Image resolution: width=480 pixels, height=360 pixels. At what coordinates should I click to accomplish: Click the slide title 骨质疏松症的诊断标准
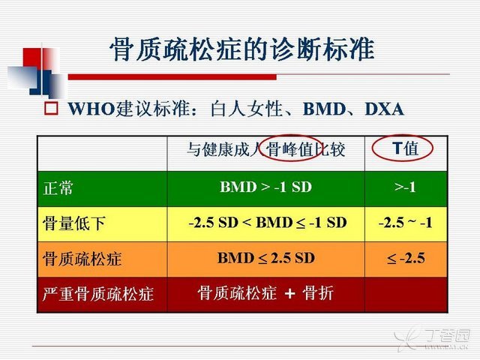pyautogui.click(x=241, y=49)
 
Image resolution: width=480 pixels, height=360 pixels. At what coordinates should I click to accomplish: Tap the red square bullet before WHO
pyautogui.click(x=51, y=109)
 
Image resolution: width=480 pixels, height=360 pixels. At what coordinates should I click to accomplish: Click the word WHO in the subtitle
pyautogui.click(x=91, y=109)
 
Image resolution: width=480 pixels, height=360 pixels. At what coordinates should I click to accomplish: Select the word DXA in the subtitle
pyautogui.click(x=385, y=109)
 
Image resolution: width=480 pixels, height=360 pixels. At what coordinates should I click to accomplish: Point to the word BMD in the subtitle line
pyautogui.click(x=324, y=109)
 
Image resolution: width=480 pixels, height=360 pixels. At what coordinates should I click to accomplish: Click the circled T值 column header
pyautogui.click(x=405, y=148)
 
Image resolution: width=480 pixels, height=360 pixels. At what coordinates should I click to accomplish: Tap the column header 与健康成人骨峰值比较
pyautogui.click(x=265, y=150)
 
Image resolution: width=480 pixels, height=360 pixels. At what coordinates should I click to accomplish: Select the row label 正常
pyautogui.click(x=58, y=187)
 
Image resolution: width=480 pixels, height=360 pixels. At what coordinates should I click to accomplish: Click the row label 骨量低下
pyautogui.click(x=74, y=223)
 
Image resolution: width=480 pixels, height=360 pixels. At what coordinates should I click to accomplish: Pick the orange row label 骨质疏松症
pyautogui.click(x=82, y=259)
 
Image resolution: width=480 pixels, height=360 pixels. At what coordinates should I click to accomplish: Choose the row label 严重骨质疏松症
pyautogui.click(x=98, y=294)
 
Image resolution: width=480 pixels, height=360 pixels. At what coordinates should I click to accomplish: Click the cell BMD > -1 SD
pyautogui.click(x=265, y=187)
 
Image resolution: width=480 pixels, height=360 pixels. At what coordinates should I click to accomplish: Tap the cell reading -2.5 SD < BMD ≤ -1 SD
pyautogui.click(x=268, y=223)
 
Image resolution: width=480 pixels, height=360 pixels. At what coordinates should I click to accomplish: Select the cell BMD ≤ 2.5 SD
pyautogui.click(x=266, y=258)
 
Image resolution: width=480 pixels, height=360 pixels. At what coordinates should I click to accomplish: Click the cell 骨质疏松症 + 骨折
pyautogui.click(x=265, y=293)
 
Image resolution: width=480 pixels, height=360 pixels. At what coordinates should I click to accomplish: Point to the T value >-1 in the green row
pyautogui.click(x=405, y=187)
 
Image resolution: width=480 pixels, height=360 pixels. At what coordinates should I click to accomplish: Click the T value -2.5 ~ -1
pyautogui.click(x=405, y=223)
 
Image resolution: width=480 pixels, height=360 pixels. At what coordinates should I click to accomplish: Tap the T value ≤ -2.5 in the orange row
pyautogui.click(x=406, y=258)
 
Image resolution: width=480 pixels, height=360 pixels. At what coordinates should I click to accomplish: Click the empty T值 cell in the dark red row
pyautogui.click(x=406, y=295)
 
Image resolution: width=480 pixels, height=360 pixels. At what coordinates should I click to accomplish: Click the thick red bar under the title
pyautogui.click(x=172, y=76)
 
